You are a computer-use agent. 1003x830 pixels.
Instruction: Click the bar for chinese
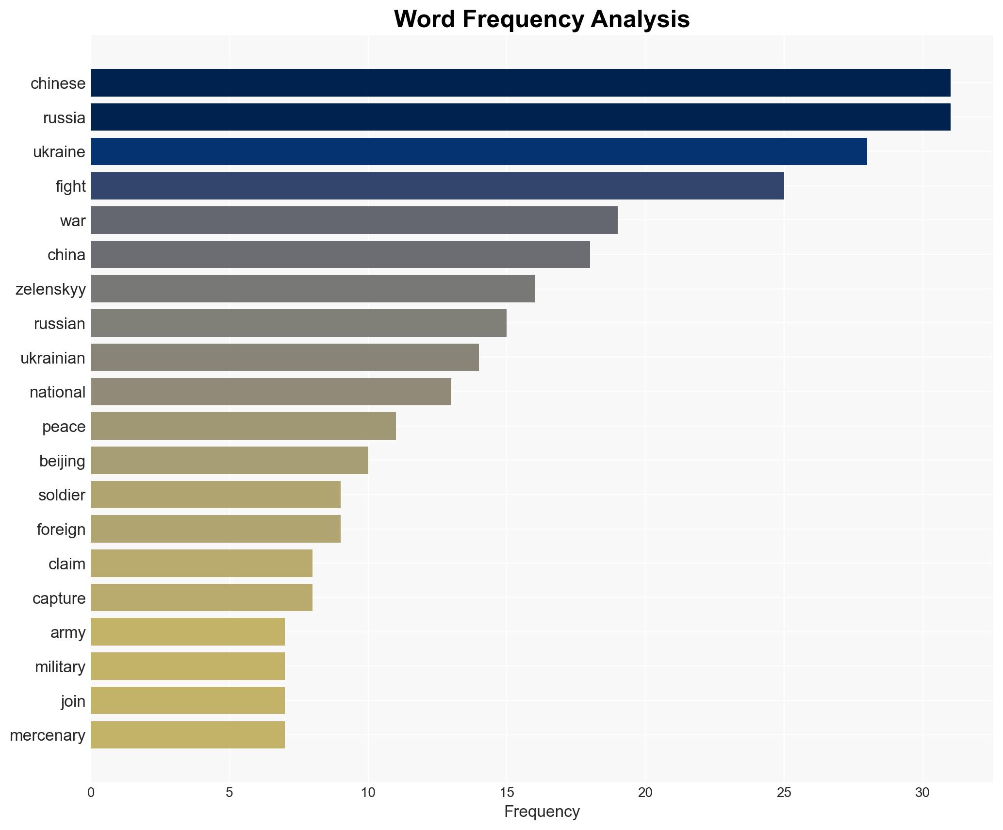point(520,83)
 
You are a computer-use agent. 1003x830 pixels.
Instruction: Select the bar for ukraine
point(478,151)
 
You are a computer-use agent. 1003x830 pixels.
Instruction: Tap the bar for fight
point(437,186)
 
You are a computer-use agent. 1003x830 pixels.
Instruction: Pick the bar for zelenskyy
point(312,289)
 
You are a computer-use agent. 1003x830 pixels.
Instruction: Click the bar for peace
point(243,426)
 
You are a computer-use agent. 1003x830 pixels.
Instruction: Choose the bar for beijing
point(229,461)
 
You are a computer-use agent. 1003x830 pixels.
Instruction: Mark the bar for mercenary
point(188,735)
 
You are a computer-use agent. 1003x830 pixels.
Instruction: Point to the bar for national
point(271,392)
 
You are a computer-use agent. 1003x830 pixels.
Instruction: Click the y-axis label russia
point(64,118)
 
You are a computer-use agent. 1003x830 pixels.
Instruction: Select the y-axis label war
point(73,221)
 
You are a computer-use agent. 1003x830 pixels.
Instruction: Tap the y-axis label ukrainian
point(53,358)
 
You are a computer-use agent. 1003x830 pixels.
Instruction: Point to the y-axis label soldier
point(62,495)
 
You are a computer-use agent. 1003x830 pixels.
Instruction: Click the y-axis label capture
point(59,598)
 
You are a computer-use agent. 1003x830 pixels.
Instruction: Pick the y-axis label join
point(73,701)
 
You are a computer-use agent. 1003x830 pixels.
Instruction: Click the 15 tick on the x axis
point(507,793)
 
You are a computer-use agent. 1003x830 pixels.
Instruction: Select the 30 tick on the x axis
point(922,793)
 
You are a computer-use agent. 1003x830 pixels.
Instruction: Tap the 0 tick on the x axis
point(91,793)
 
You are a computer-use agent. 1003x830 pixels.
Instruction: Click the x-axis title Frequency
point(542,812)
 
